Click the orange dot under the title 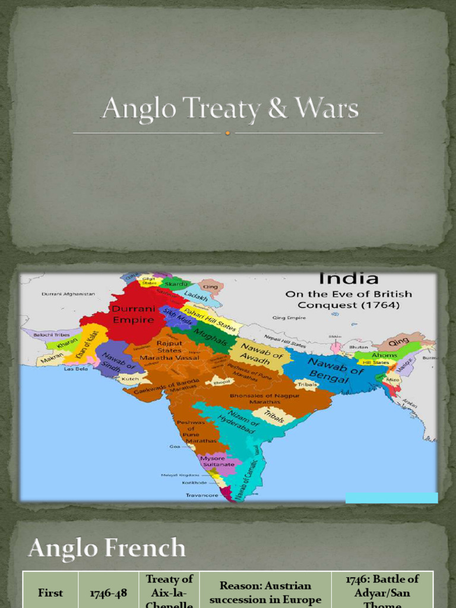click(x=227, y=133)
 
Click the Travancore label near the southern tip click(x=202, y=495)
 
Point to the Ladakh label click(x=195, y=295)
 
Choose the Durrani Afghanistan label click(x=68, y=294)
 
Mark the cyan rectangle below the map click(x=391, y=498)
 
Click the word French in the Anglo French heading click(x=148, y=547)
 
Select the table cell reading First click(x=50, y=593)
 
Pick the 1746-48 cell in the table click(x=109, y=593)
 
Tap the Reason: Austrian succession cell click(x=265, y=593)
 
